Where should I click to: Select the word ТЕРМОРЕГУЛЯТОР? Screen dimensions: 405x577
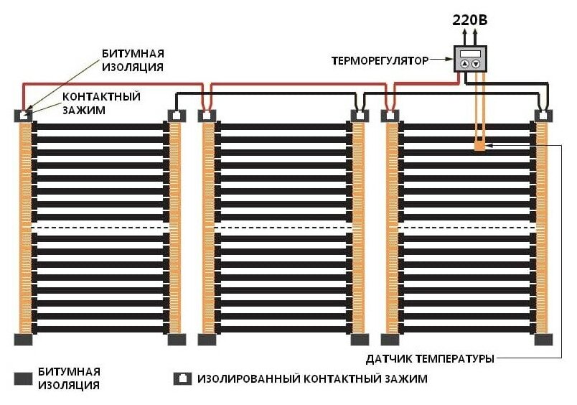click(x=377, y=61)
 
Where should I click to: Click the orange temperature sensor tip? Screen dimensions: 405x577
click(x=479, y=147)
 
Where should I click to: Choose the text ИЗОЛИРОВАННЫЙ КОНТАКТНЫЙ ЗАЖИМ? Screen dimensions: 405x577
click(x=312, y=378)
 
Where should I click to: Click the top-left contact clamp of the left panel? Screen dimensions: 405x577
click(x=25, y=115)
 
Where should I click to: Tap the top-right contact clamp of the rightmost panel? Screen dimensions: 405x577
click(x=545, y=115)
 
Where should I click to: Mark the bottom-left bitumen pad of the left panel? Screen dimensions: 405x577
click(x=25, y=339)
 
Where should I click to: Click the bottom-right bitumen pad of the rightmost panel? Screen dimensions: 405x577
click(x=545, y=339)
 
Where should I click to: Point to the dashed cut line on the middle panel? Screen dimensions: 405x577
click(x=283, y=227)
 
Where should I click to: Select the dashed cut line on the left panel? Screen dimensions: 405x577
click(x=100, y=227)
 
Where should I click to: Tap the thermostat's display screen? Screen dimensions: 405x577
click(x=470, y=54)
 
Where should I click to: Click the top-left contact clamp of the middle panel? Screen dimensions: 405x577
click(x=207, y=115)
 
